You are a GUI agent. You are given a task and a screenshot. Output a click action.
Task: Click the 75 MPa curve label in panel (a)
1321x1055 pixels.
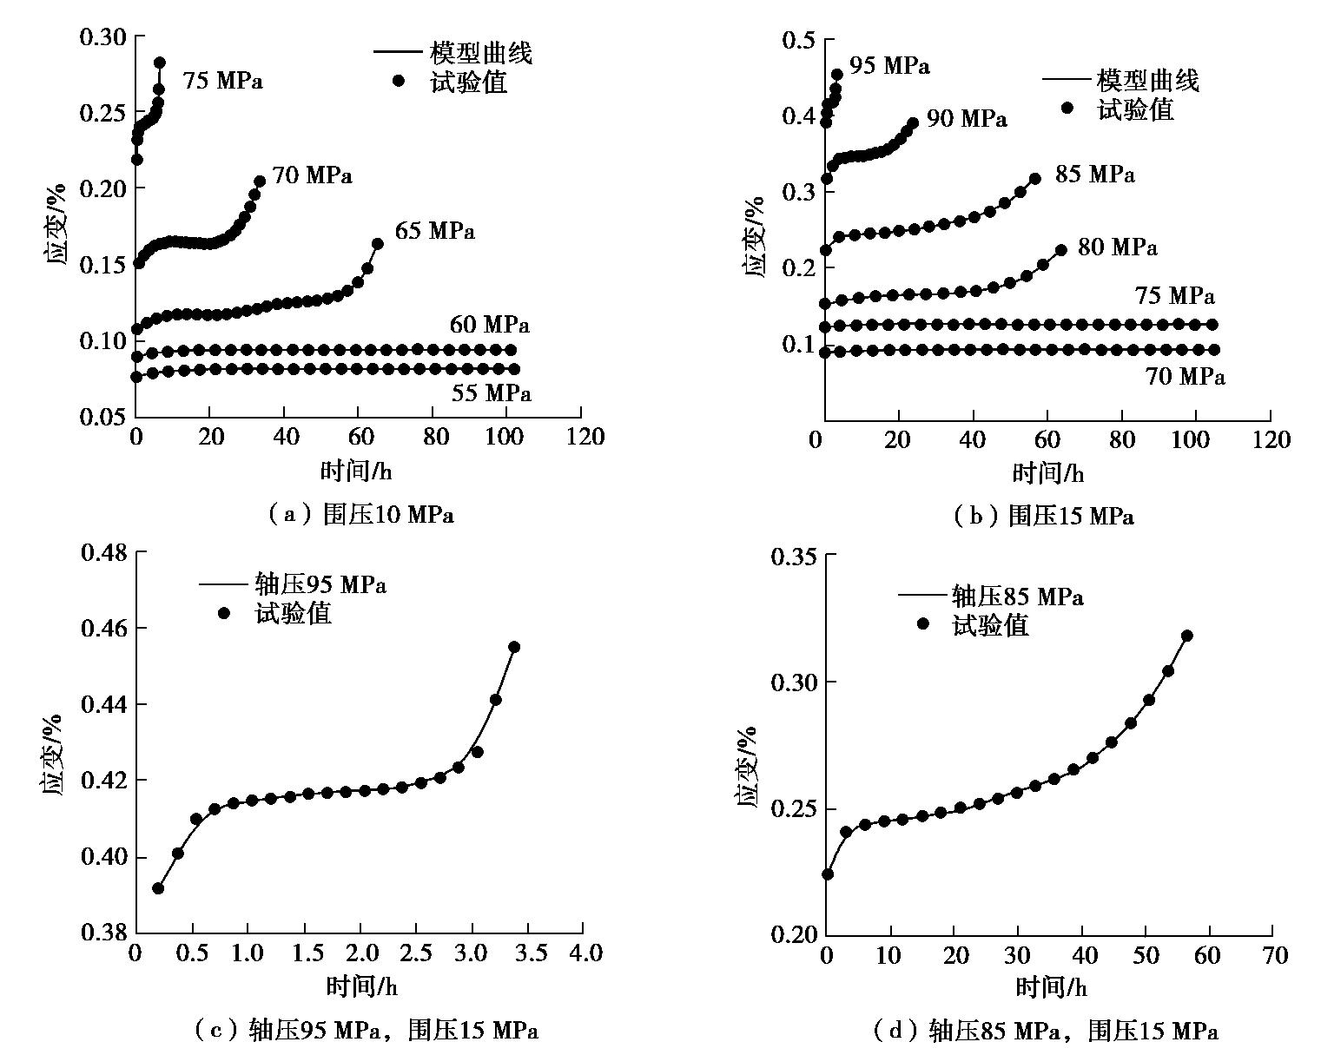[x=222, y=82]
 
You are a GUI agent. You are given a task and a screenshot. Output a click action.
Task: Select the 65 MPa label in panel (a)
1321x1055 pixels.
[x=434, y=232]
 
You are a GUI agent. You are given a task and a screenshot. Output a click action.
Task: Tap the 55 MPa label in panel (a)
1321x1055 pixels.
[x=491, y=393]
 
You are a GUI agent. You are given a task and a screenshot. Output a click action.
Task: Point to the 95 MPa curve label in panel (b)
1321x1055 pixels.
[x=888, y=66]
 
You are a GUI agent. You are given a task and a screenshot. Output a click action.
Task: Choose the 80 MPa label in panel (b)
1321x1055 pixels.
[x=1117, y=247]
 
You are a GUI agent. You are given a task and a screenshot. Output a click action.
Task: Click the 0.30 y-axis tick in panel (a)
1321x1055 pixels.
[x=102, y=36]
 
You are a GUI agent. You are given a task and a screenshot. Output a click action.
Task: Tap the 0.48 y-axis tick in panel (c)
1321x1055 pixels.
[x=102, y=552]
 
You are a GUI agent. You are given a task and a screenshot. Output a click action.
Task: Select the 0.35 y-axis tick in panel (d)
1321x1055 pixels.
[x=794, y=556]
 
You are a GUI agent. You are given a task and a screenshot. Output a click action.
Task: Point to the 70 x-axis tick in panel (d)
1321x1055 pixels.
[x=1275, y=956]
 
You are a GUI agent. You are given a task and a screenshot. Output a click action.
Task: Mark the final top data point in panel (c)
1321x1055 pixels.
[x=514, y=647]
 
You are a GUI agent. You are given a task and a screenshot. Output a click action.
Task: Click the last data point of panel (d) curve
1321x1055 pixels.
[x=1187, y=636]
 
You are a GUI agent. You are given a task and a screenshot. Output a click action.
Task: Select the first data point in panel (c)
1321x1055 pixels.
[x=158, y=888]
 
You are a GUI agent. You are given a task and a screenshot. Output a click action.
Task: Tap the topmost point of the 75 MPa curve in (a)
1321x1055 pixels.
[x=160, y=63]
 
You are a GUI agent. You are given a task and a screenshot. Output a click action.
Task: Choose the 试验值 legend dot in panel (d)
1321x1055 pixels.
[x=923, y=624]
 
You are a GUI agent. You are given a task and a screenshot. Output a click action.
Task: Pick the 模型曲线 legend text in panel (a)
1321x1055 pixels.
[x=481, y=53]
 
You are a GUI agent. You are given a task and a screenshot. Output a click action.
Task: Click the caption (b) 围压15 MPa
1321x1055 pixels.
[x=1044, y=517]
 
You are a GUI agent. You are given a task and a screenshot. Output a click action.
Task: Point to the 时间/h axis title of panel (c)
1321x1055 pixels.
[x=361, y=986]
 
